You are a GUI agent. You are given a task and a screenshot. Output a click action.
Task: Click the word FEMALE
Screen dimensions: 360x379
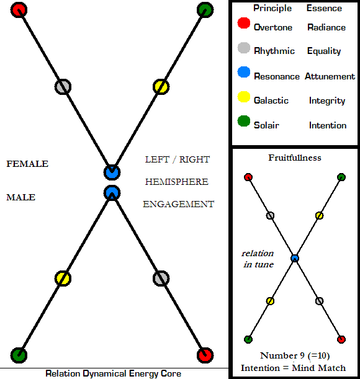click(x=27, y=164)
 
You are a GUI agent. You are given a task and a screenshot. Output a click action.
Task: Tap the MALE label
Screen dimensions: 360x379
click(x=21, y=197)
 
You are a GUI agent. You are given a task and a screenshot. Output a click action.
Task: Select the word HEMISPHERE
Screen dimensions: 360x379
click(x=177, y=182)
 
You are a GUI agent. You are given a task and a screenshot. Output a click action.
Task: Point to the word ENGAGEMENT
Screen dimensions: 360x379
click(x=179, y=204)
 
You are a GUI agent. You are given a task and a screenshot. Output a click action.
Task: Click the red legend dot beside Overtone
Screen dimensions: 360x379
click(x=244, y=23)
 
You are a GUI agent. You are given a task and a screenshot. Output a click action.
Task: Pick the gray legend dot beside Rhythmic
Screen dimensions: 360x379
click(x=244, y=48)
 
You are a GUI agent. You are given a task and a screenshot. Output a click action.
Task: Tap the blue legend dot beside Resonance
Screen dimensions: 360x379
click(x=244, y=72)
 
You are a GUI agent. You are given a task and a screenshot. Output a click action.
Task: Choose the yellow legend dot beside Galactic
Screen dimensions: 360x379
click(x=244, y=97)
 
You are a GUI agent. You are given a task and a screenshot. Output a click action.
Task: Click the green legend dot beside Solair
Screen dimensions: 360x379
click(x=244, y=121)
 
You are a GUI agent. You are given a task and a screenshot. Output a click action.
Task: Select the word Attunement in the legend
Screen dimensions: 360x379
click(x=330, y=76)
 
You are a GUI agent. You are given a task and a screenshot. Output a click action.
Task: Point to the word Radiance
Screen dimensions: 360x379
click(x=326, y=27)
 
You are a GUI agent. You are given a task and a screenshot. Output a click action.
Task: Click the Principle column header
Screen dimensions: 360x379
click(x=272, y=8)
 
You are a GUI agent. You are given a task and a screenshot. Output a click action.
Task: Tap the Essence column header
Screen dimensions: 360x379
click(x=324, y=8)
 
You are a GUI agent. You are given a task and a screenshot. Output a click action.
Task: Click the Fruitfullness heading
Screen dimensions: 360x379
click(x=295, y=158)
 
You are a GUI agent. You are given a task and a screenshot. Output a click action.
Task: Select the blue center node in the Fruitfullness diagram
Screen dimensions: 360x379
click(x=295, y=259)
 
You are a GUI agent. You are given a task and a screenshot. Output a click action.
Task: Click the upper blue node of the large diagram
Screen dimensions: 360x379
click(x=112, y=172)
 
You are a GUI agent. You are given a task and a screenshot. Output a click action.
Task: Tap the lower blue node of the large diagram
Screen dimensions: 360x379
click(x=112, y=193)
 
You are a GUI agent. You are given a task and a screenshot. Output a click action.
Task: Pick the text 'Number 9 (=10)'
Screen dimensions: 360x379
click(x=295, y=355)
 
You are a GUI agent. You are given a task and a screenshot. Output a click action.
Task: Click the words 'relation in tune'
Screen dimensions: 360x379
click(x=258, y=259)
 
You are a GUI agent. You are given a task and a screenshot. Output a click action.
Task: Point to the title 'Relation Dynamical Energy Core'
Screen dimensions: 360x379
click(x=113, y=373)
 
